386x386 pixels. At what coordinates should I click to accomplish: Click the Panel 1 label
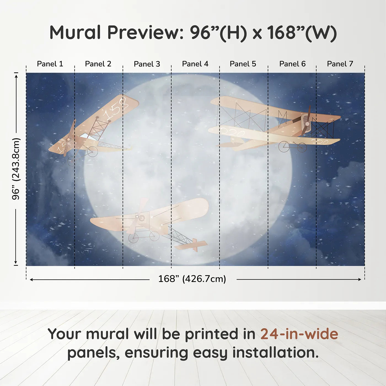click(x=50, y=64)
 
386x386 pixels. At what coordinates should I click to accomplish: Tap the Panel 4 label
click(x=195, y=64)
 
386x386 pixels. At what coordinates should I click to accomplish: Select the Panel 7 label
click(x=340, y=64)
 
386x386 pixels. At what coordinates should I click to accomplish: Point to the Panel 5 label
click(x=243, y=64)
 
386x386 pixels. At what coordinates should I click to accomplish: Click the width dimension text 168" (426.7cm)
click(x=192, y=279)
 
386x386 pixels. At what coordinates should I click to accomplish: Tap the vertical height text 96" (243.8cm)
click(x=16, y=169)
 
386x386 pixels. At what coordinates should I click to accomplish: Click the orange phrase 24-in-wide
click(x=299, y=334)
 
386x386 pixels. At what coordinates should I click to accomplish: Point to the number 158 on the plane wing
click(x=116, y=108)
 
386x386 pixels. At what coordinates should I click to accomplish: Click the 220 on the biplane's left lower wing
click(x=233, y=133)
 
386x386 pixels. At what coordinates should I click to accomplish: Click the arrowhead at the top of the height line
click(x=16, y=75)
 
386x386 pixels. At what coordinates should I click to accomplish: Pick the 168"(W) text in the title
click(x=302, y=33)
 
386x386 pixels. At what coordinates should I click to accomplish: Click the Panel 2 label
click(x=98, y=64)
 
